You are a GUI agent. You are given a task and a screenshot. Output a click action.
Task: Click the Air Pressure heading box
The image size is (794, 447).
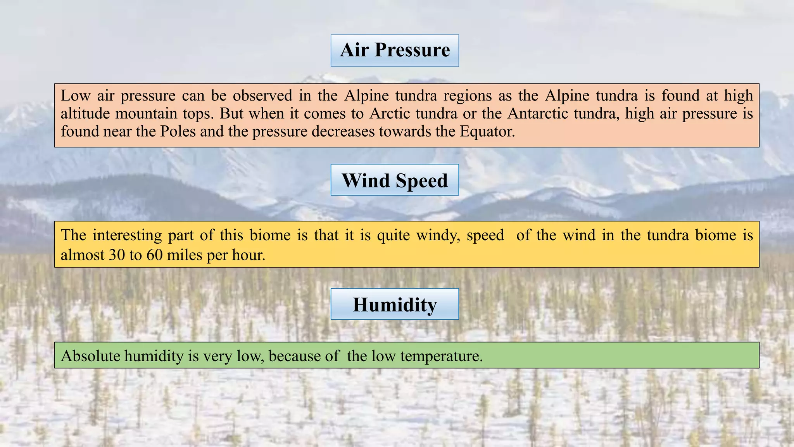395,50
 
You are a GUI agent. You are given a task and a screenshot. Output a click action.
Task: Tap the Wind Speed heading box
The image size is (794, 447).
395,180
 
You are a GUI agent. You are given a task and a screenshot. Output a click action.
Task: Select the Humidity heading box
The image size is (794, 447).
395,304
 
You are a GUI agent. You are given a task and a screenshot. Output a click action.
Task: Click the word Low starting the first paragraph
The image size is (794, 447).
75,95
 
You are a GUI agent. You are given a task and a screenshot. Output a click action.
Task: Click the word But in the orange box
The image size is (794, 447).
231,113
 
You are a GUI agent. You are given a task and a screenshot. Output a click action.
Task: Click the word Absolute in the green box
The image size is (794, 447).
90,355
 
